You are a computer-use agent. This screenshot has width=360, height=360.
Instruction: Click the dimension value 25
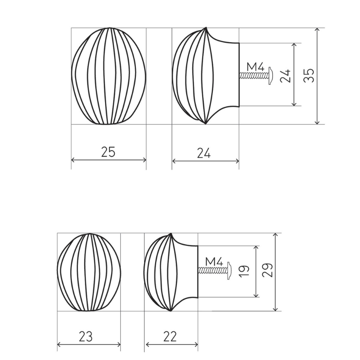point(108,152)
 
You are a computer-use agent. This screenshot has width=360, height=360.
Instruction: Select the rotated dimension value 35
point(310,75)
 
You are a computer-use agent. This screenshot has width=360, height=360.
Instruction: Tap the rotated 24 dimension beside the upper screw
point(286,75)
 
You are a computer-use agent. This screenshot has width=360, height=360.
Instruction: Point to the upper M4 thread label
point(255,67)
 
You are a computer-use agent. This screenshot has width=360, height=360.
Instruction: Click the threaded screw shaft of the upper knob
point(252,76)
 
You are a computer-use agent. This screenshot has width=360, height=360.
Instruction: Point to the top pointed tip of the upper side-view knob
point(207,28)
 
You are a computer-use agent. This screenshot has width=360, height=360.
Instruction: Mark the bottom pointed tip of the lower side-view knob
point(170,311)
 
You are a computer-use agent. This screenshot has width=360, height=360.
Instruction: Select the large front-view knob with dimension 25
point(108,76)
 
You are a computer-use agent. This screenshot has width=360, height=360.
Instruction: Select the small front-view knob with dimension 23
point(89,272)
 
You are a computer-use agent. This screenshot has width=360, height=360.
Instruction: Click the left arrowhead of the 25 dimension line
point(73,160)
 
